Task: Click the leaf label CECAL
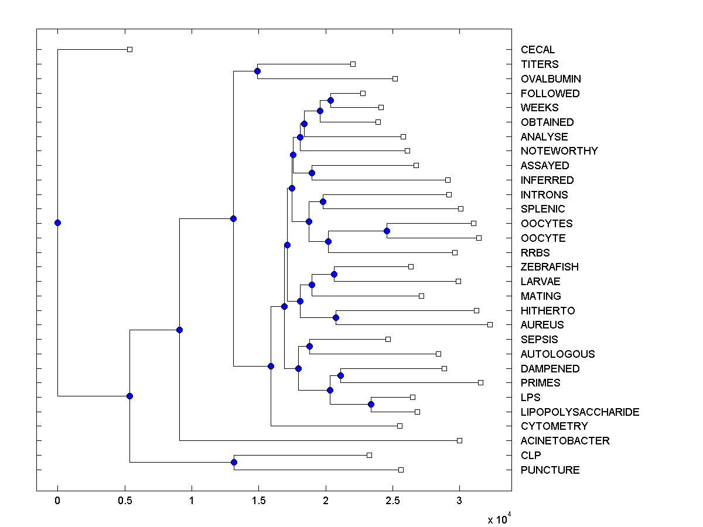click(x=537, y=50)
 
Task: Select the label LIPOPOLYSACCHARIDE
click(x=579, y=412)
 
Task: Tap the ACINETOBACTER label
click(x=565, y=440)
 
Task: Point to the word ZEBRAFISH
click(x=549, y=267)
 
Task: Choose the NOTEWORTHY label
click(x=559, y=151)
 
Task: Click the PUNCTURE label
click(x=550, y=470)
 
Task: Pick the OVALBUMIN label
click(x=551, y=78)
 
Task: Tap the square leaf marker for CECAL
click(x=130, y=49)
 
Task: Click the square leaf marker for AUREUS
click(x=490, y=324)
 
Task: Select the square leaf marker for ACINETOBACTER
click(x=459, y=440)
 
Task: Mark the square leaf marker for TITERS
click(x=353, y=64)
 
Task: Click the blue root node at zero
click(x=57, y=223)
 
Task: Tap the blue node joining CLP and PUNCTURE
click(x=234, y=463)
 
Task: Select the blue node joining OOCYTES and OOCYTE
click(x=387, y=231)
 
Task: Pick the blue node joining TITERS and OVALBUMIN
click(x=257, y=71)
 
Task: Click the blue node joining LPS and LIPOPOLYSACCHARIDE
click(x=371, y=405)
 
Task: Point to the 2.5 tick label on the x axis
click(x=393, y=501)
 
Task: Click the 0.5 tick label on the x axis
click(x=124, y=501)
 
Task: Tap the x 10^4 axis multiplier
click(x=499, y=519)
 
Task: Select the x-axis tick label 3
click(x=459, y=501)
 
